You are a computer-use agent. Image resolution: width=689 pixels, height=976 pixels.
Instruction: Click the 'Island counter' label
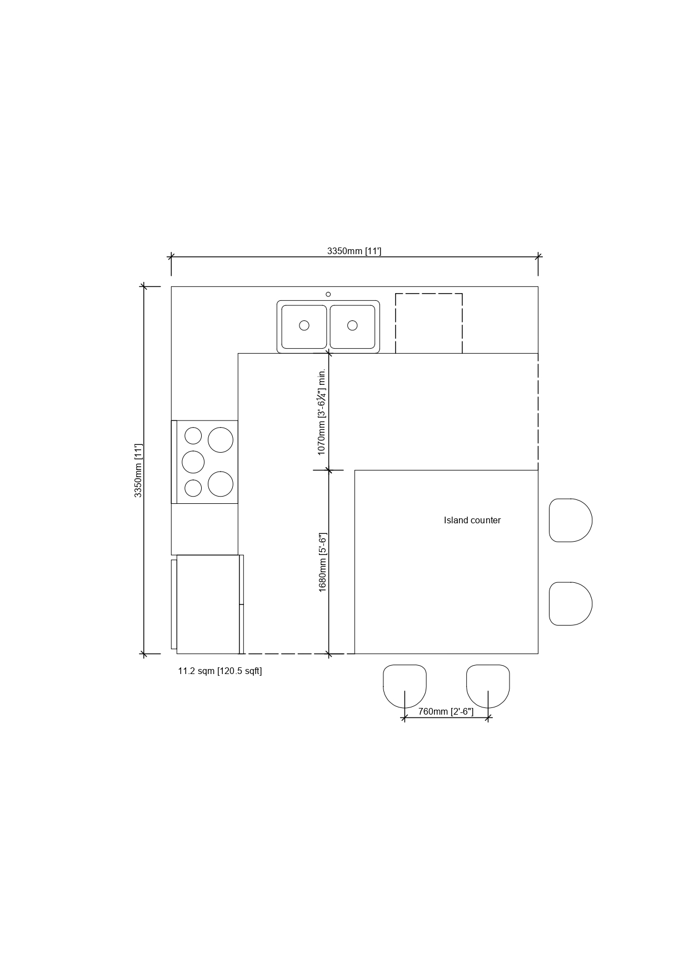[472, 521]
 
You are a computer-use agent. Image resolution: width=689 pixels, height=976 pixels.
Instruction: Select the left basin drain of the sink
[304, 325]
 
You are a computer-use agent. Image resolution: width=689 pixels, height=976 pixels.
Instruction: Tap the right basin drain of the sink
[352, 325]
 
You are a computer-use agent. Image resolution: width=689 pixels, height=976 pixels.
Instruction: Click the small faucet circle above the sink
[328, 294]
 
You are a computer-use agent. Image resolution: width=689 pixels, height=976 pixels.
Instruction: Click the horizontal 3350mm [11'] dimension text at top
[354, 251]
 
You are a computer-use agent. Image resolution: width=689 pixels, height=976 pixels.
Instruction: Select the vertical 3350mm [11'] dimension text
[138, 470]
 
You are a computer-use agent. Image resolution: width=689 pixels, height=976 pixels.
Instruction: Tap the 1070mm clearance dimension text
[321, 412]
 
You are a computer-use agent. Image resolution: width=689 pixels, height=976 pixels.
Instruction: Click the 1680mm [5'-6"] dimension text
[322, 562]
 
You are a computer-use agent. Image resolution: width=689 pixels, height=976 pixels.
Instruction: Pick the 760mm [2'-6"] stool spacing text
[446, 711]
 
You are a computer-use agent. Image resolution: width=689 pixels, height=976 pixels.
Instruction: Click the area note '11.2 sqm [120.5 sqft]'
[220, 671]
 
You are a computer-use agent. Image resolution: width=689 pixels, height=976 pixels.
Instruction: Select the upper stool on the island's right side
[571, 521]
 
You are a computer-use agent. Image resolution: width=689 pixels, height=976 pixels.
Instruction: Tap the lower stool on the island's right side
[571, 604]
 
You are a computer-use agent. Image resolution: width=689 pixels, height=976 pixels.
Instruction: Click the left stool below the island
[405, 686]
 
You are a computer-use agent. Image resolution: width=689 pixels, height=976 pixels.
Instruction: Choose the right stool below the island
[488, 686]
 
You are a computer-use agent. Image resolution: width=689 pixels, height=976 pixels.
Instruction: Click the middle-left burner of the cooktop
[193, 462]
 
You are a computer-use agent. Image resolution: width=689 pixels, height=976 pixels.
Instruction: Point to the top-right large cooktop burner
[221, 440]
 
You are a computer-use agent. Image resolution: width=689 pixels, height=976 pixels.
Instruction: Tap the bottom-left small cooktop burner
[193, 488]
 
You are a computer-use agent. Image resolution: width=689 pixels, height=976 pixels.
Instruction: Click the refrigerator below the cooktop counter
[207, 604]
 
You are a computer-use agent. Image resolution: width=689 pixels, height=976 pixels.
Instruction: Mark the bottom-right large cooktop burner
[221, 484]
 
